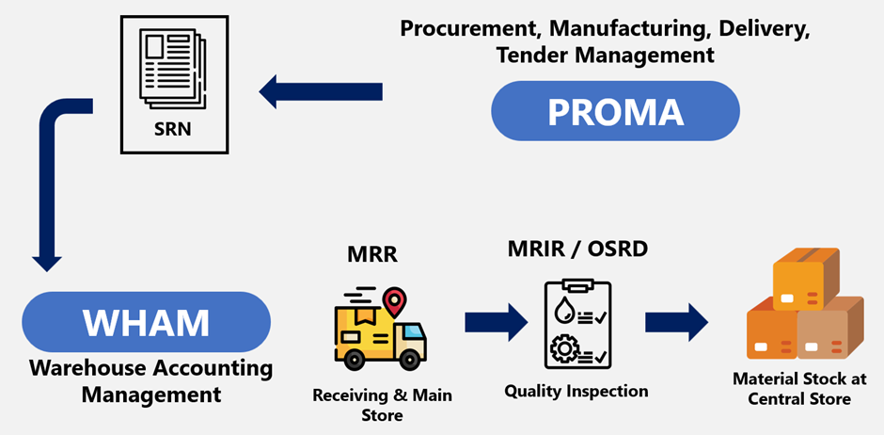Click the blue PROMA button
coord(615,112)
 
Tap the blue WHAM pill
coord(146,322)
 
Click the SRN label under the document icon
coord(172,130)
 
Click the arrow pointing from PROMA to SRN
coord(321,91)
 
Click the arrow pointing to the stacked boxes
coord(676,322)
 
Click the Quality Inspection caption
coord(576,390)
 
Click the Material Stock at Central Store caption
coord(799,389)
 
